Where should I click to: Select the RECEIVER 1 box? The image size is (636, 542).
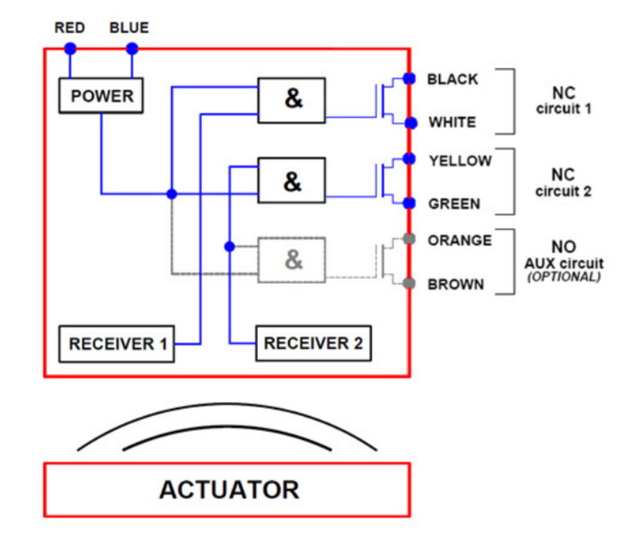pyautogui.click(x=117, y=344)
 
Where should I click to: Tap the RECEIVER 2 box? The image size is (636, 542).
pyautogui.click(x=313, y=343)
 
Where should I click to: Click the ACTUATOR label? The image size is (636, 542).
pyautogui.click(x=229, y=489)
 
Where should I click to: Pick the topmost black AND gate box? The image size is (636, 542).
pyautogui.click(x=292, y=100)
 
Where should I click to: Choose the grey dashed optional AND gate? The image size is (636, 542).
pyautogui.click(x=292, y=260)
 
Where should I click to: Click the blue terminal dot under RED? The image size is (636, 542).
pyautogui.click(x=70, y=49)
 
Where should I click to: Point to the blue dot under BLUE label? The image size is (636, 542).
pyautogui.click(x=132, y=49)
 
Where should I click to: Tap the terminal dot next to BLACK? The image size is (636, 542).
pyautogui.click(x=409, y=78)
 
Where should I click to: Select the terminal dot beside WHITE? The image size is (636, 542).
pyautogui.click(x=410, y=123)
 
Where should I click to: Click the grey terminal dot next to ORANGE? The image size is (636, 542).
pyautogui.click(x=409, y=239)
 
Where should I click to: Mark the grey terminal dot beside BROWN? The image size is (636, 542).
pyautogui.click(x=409, y=283)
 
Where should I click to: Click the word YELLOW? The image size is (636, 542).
pyautogui.click(x=460, y=161)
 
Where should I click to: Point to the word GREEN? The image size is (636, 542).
pyautogui.click(x=454, y=204)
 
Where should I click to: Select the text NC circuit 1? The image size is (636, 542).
pyautogui.click(x=563, y=101)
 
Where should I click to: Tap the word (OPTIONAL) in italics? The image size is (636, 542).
pyautogui.click(x=564, y=277)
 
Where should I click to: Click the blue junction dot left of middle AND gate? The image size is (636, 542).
pyautogui.click(x=171, y=194)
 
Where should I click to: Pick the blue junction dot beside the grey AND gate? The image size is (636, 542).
pyautogui.click(x=229, y=246)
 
